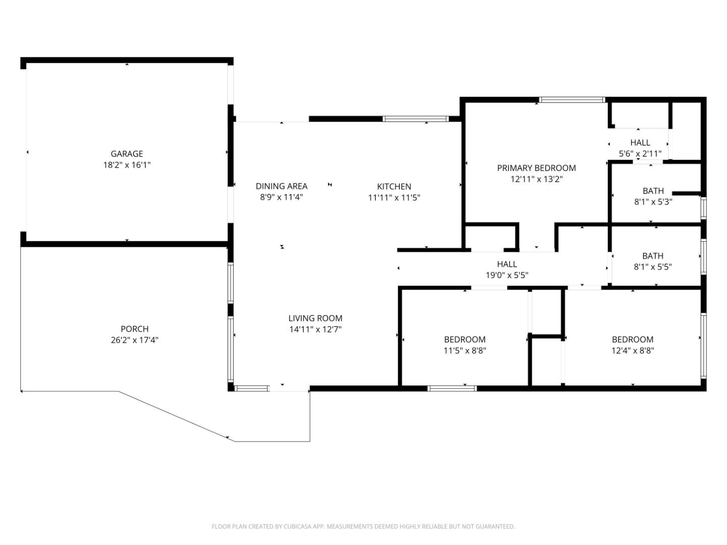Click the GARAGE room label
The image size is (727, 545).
(x=127, y=154)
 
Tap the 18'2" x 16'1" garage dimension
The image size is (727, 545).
(x=127, y=165)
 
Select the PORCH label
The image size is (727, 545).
(x=134, y=329)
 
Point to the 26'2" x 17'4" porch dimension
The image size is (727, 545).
(x=134, y=340)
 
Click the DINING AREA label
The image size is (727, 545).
(x=281, y=186)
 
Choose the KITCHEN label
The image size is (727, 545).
(x=394, y=187)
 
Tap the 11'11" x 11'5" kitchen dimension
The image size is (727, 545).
(x=394, y=198)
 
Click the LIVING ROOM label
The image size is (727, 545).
(x=315, y=318)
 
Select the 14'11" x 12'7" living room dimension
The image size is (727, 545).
(x=315, y=330)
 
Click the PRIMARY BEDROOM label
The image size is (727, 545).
(x=536, y=168)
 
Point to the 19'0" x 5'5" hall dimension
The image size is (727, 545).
(x=506, y=275)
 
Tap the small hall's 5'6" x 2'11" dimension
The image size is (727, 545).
(x=640, y=153)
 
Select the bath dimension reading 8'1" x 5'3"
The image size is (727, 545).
(x=653, y=202)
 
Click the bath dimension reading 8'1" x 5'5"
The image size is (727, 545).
(x=653, y=267)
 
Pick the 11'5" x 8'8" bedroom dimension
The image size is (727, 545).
(x=464, y=351)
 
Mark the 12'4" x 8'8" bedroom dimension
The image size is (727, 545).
(x=633, y=351)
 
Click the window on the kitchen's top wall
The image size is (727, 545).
(x=415, y=119)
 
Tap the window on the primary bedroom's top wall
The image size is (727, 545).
(x=572, y=100)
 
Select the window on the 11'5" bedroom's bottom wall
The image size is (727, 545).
(x=452, y=388)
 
